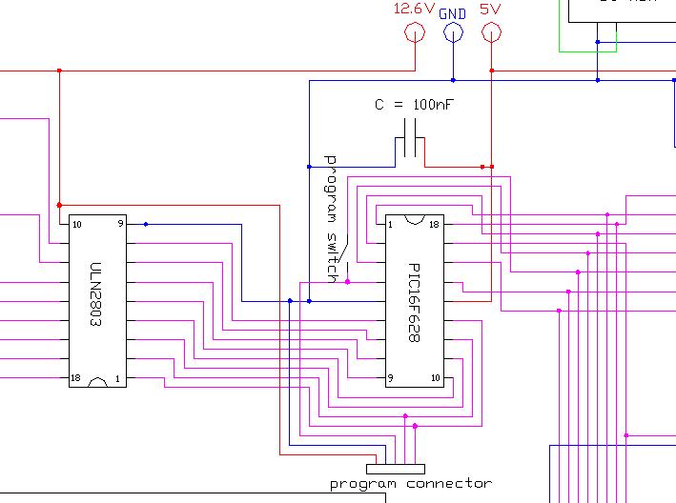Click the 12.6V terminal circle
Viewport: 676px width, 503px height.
tap(415, 33)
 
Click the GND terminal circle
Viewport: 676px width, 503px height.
tap(453, 33)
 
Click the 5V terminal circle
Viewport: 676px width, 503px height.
tap(491, 33)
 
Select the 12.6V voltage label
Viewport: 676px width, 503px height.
tap(415, 10)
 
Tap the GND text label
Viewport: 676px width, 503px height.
tap(453, 14)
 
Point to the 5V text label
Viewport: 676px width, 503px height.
tap(491, 10)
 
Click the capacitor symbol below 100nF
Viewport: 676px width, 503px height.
tap(411, 147)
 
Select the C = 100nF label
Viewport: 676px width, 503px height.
tap(414, 105)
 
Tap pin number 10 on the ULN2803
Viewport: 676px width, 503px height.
tap(76, 225)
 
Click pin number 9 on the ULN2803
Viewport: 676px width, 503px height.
tap(120, 225)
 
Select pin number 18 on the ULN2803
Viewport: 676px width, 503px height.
tap(75, 378)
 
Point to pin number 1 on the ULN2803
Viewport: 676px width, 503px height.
tap(119, 378)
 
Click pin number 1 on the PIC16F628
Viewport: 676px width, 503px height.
tap(391, 226)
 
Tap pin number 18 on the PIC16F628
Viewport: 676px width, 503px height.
tap(433, 226)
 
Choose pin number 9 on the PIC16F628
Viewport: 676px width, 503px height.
tap(391, 378)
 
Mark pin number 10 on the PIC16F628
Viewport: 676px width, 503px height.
tap(434, 378)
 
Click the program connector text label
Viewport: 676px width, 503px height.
tap(411, 484)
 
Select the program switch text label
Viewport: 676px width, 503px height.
tap(332, 217)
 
